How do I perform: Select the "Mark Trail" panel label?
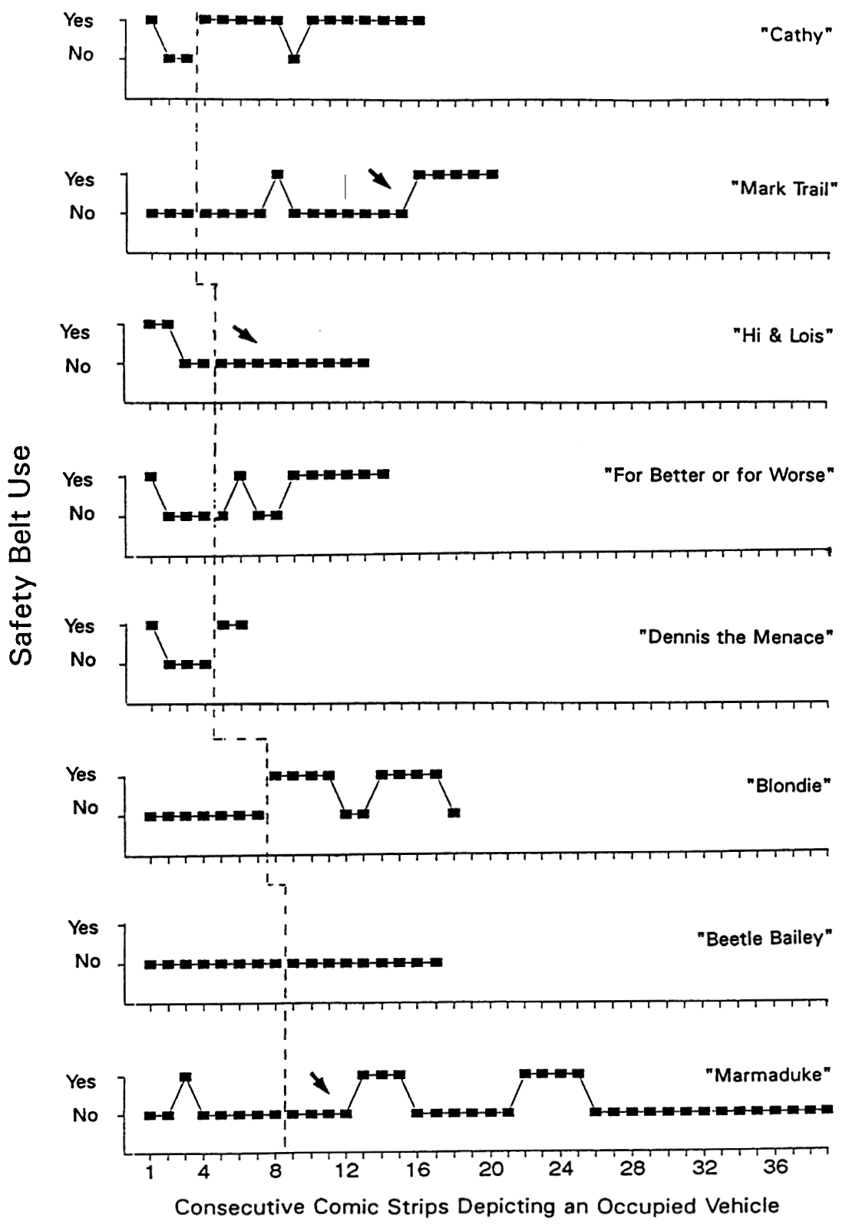[784, 188]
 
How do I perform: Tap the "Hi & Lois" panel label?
[783, 335]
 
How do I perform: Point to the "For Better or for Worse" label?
[719, 475]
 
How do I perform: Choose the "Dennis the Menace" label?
[736, 637]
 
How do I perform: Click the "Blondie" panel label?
[789, 786]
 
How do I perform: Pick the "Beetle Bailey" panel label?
[764, 938]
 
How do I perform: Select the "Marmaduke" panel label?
[768, 1074]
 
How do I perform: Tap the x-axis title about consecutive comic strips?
[477, 1207]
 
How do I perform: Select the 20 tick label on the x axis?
[491, 1170]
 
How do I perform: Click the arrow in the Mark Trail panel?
[379, 179]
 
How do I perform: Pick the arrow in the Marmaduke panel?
[320, 1083]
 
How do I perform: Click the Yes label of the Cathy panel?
[79, 21]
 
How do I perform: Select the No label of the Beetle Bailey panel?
[88, 962]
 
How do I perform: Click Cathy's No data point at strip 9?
[294, 59]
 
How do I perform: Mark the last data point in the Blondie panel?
[454, 813]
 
